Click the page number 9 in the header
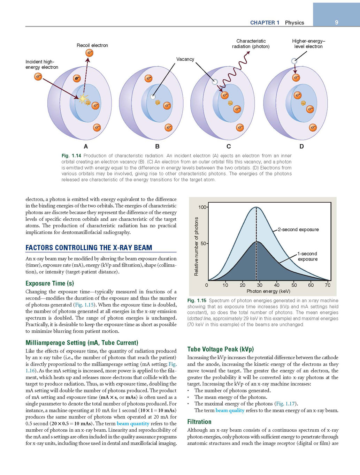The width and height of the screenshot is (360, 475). [x=336, y=22]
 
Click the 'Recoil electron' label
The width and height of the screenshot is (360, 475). [x=92, y=45]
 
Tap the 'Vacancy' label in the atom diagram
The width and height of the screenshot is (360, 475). [x=185, y=59]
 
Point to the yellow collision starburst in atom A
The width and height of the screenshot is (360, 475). [x=83, y=99]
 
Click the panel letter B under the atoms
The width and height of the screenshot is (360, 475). [x=157, y=146]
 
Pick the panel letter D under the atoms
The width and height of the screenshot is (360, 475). [x=301, y=146]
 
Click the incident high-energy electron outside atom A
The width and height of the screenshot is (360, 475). [x=38, y=76]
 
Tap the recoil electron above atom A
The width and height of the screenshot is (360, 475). [x=90, y=53]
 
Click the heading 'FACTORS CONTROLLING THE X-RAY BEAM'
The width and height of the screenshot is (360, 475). [x=89, y=248]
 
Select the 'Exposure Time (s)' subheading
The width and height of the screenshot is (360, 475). [x=50, y=283]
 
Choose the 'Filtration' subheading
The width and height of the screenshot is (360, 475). [x=199, y=422]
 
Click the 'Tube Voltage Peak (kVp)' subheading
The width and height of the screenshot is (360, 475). [x=221, y=349]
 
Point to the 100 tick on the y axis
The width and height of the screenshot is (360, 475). [x=202, y=207]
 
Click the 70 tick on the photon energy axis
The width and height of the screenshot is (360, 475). [x=328, y=285]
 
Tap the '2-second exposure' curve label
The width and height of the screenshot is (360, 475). [x=298, y=229]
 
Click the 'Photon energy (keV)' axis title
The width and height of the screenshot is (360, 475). [x=268, y=291]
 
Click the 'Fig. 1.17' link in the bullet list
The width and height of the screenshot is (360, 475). [x=286, y=404]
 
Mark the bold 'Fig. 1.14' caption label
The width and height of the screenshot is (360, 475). [x=71, y=156]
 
